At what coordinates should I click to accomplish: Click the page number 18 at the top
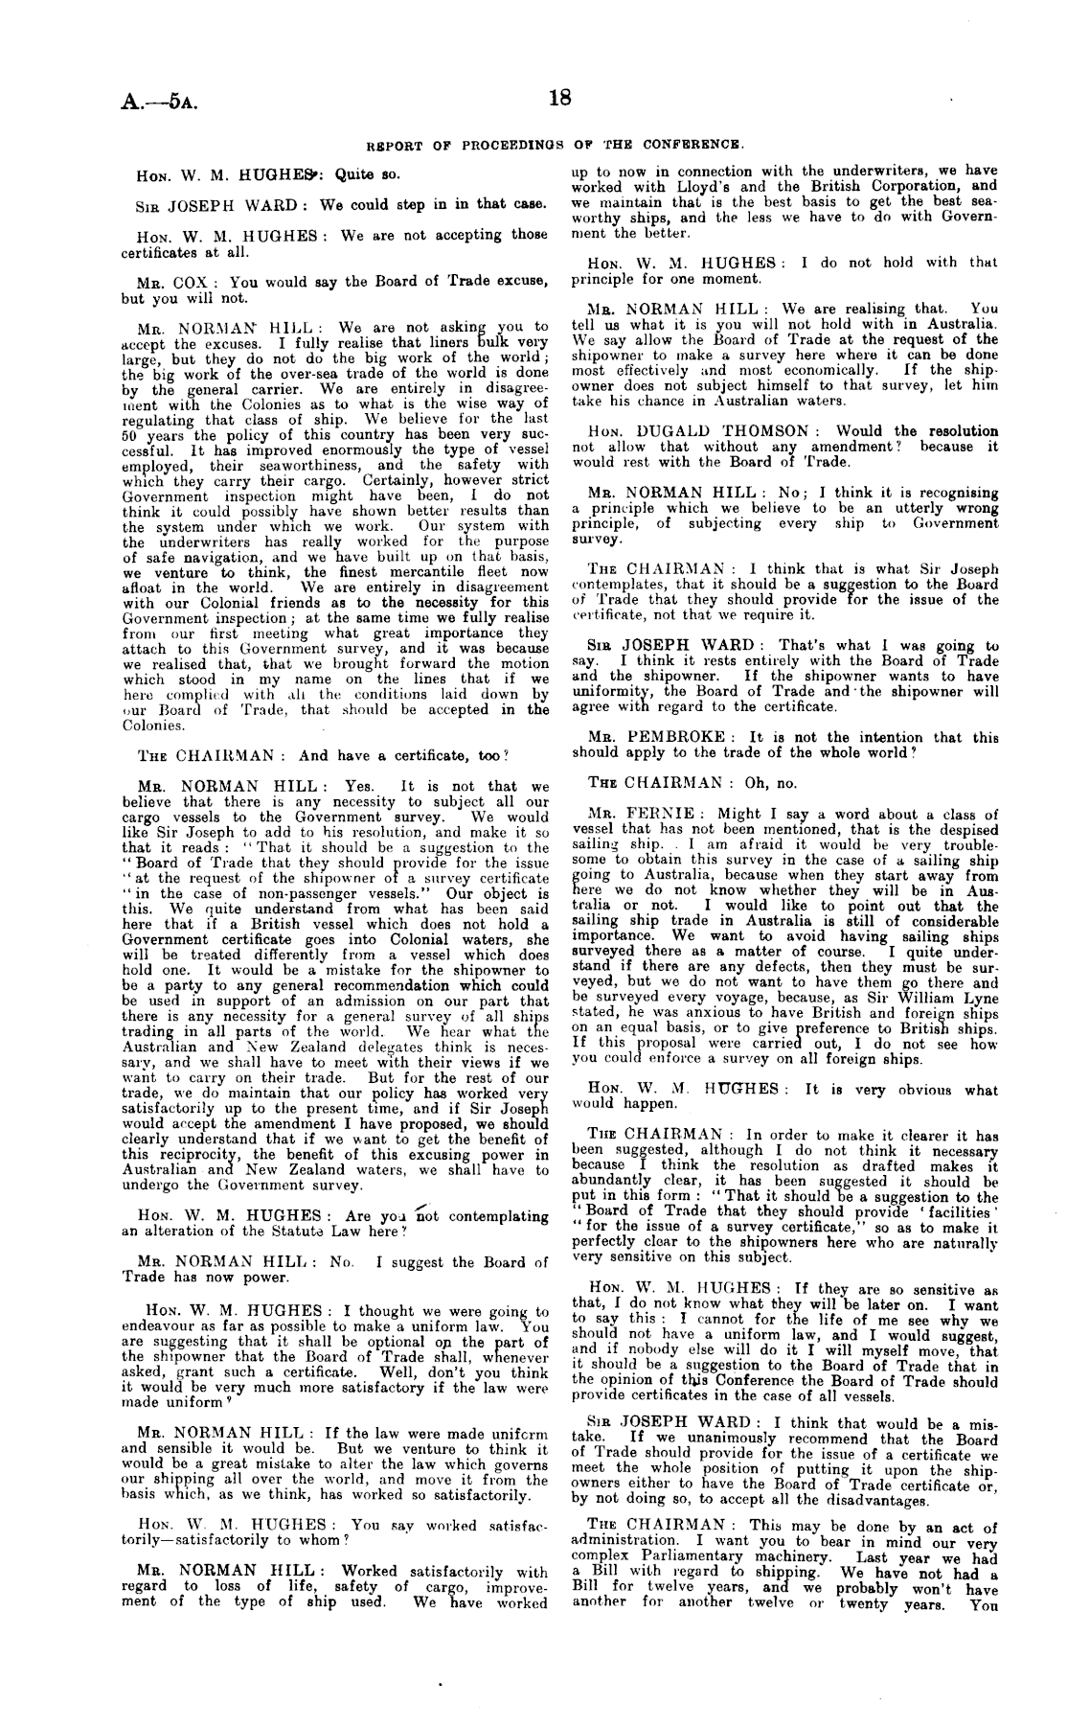[x=560, y=99]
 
